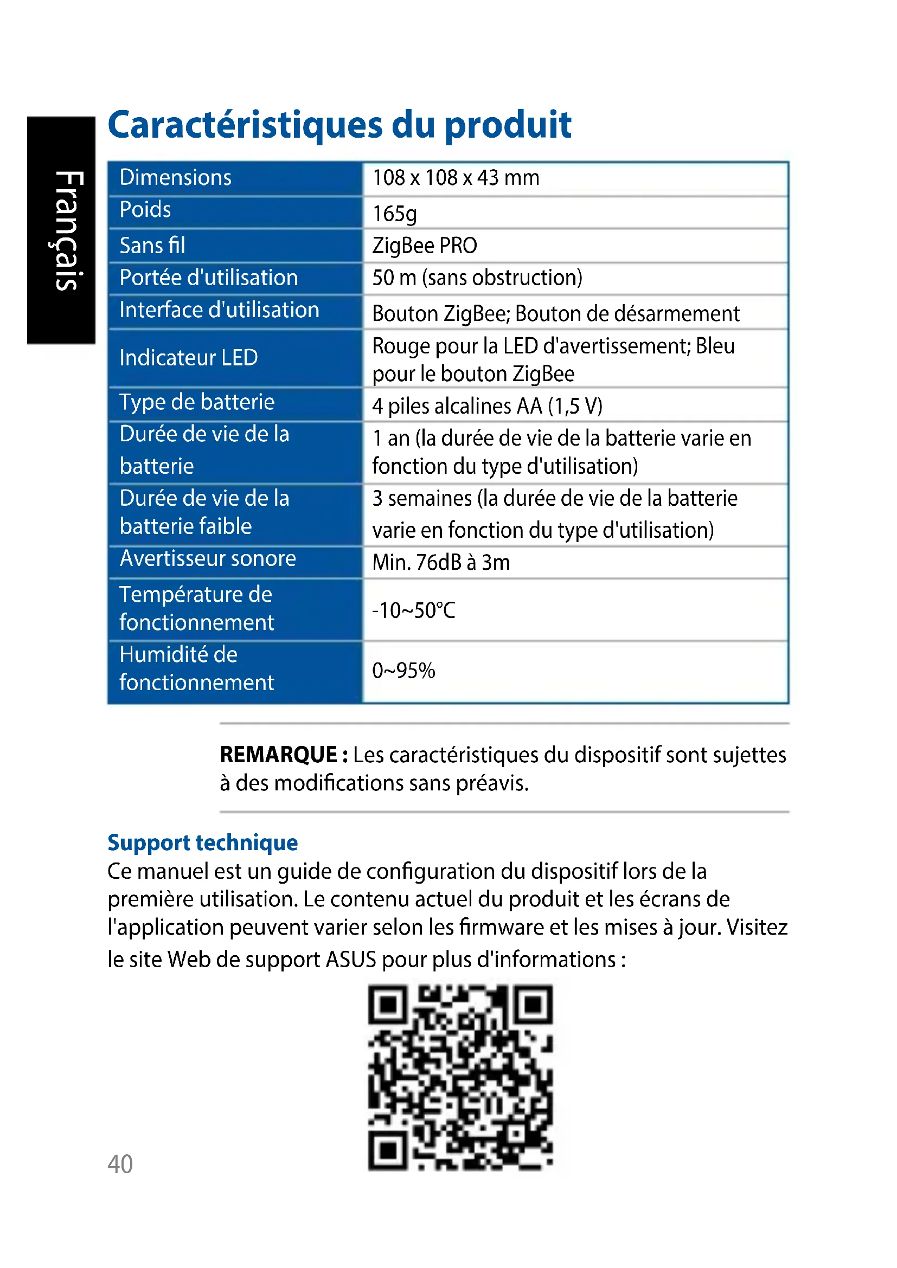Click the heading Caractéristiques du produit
click(339, 125)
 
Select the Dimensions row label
click(175, 178)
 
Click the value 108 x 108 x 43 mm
click(456, 178)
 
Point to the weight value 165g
click(394, 214)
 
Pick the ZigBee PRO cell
click(424, 246)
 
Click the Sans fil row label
click(152, 246)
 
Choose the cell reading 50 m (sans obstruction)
click(477, 278)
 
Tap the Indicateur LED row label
click(188, 358)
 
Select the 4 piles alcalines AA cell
click(487, 407)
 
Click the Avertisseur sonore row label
click(208, 559)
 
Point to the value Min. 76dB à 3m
click(441, 563)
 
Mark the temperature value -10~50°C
click(413, 611)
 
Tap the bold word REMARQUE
click(278, 755)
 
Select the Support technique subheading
click(203, 843)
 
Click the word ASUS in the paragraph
click(351, 960)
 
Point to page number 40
click(120, 1164)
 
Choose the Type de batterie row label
click(197, 402)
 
